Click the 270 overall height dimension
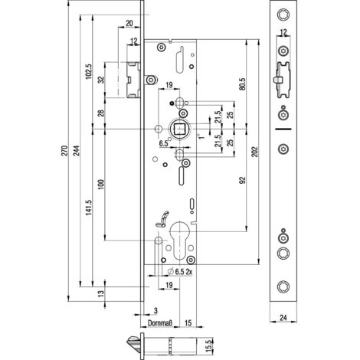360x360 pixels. (64, 151)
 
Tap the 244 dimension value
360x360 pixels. (77, 151)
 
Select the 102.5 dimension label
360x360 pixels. (89, 71)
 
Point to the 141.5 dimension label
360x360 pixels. (89, 208)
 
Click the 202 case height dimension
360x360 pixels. (256, 152)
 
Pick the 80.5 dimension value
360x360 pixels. (243, 84)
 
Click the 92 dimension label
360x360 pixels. (243, 181)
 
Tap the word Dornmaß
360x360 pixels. (160, 323)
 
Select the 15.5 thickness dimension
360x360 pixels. (208, 346)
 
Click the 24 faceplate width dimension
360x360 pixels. (283, 318)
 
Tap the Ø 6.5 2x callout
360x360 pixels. (180, 272)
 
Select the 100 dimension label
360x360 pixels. (101, 185)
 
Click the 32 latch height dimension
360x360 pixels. (101, 80)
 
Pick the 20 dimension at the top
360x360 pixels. (129, 23)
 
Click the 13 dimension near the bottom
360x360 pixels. (101, 293)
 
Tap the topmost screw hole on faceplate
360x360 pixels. (283, 15)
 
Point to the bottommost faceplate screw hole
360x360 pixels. (283, 286)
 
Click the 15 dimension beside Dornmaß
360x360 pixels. (188, 323)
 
